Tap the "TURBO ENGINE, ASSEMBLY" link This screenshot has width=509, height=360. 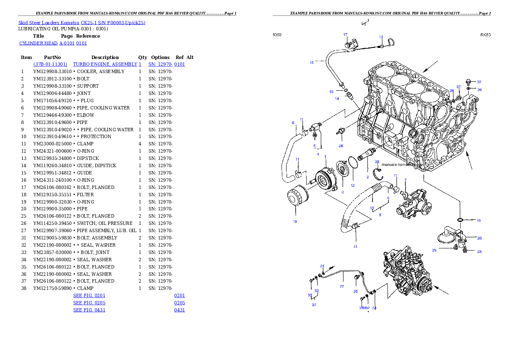point(107,64)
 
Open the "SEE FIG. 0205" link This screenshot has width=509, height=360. point(89,303)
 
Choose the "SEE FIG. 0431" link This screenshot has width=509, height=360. point(89,310)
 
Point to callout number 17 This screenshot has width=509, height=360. point(345,35)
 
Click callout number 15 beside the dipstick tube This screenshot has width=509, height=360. point(312,62)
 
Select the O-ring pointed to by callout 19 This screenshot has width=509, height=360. point(460,220)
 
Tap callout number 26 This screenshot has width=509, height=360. point(341,146)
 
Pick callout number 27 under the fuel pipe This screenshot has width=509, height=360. point(342,287)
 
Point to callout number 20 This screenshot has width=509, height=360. point(479,238)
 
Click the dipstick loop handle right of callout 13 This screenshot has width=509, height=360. point(390,42)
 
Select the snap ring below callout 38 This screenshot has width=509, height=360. point(377,173)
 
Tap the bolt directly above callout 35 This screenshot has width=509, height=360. point(356,278)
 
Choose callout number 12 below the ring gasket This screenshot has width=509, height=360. point(352,186)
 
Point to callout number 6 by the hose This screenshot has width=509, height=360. point(293,123)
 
